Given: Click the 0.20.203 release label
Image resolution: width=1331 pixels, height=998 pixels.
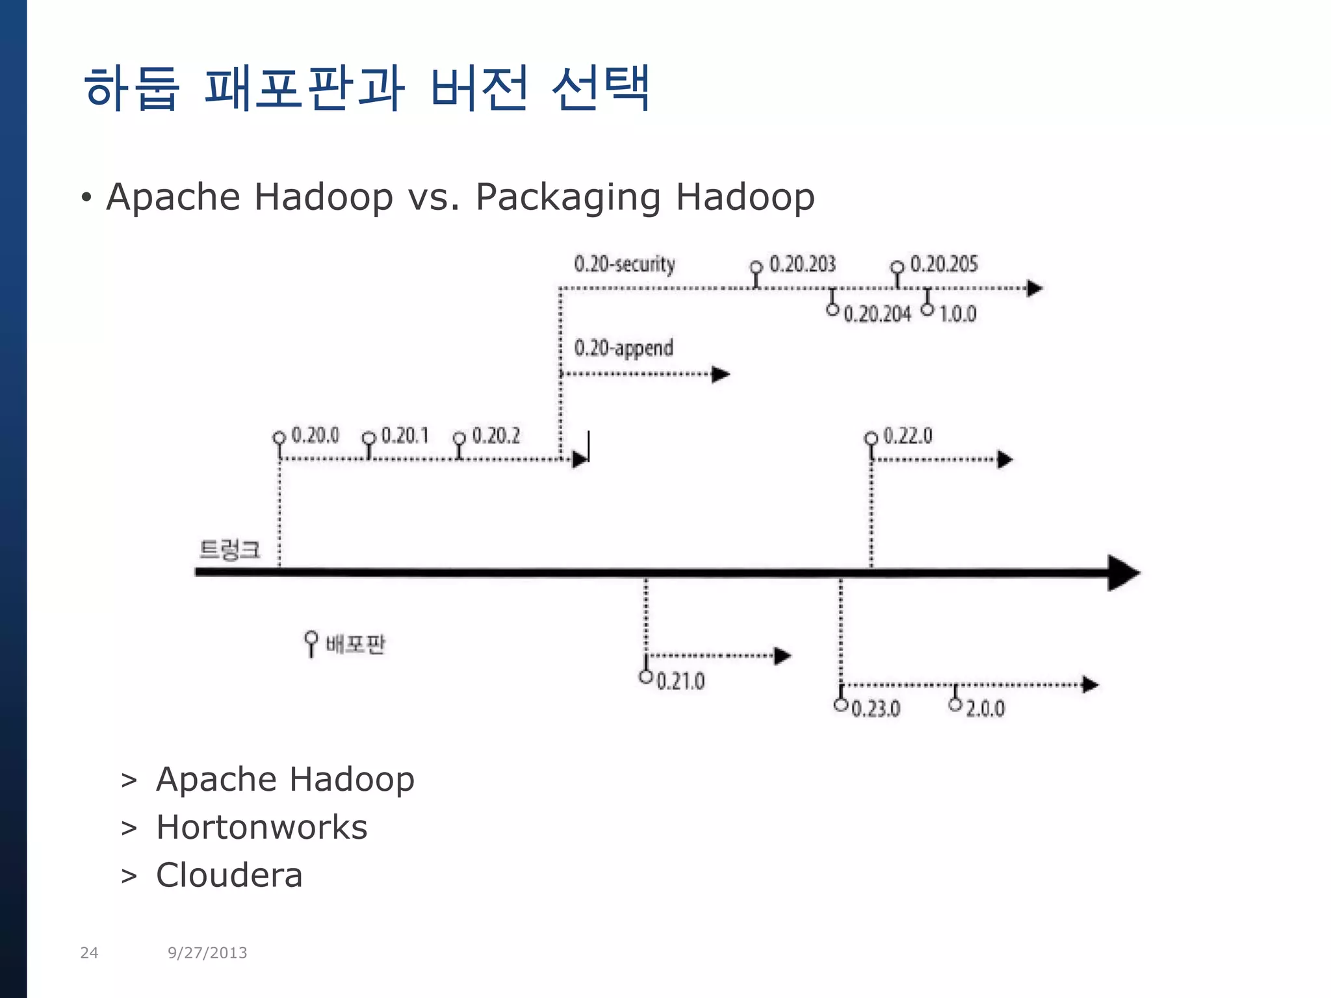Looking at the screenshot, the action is click(x=802, y=264).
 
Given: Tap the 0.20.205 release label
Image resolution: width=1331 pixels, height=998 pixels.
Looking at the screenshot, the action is click(x=944, y=264).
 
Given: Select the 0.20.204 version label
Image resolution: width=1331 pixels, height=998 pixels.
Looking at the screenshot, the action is click(x=877, y=314).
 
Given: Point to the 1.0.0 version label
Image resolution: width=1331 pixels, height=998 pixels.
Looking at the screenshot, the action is click(x=958, y=314).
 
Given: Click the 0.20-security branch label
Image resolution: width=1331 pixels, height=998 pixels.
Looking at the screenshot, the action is click(x=625, y=264).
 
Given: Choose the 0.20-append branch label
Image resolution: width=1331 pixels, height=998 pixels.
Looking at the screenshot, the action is click(x=623, y=348).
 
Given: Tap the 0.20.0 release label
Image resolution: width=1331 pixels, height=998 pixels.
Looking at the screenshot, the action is click(x=315, y=435).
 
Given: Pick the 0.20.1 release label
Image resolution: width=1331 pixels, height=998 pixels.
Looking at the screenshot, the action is click(x=405, y=435).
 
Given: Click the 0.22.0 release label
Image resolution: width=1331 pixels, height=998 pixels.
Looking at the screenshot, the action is click(x=908, y=435).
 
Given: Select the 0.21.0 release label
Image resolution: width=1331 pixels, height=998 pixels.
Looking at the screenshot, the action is click(x=680, y=682).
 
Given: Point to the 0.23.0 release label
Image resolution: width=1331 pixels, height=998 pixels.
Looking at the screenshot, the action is click(x=875, y=708).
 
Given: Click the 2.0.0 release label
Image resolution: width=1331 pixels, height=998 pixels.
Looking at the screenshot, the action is click(x=985, y=708).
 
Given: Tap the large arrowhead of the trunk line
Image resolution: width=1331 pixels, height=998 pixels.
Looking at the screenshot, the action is click(x=1123, y=572).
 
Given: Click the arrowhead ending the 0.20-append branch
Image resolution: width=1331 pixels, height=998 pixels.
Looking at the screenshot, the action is click(x=720, y=374).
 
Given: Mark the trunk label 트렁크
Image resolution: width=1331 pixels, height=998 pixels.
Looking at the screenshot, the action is click(x=229, y=550).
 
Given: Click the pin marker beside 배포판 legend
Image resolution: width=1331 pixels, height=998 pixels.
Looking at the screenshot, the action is click(x=311, y=643).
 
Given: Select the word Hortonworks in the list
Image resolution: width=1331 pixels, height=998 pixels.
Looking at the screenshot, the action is click(x=262, y=827).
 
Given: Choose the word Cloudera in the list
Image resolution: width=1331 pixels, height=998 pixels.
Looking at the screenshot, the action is click(x=229, y=875).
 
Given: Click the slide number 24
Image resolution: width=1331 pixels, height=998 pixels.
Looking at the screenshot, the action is click(x=89, y=953).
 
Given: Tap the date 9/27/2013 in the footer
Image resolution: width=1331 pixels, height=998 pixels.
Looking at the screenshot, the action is click(x=207, y=953).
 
